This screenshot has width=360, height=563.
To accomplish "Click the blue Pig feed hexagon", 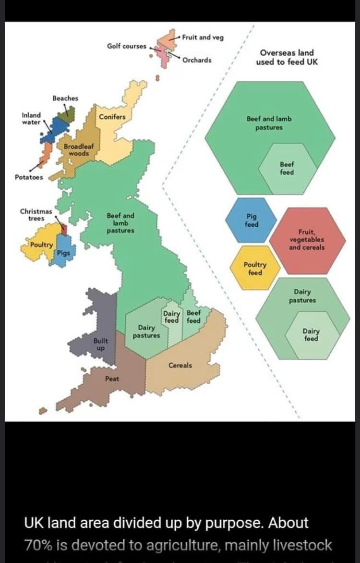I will point(251,220).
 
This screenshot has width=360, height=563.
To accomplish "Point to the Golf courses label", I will point(126,46).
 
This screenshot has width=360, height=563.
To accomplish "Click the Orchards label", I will point(197,61).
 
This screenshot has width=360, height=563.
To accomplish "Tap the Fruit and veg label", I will point(203,37).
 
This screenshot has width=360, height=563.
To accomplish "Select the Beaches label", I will point(65,98).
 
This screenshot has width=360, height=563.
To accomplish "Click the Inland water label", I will point(32,118).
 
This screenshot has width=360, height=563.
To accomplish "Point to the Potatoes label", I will point(29,177).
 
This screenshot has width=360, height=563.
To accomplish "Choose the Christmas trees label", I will point(36,215).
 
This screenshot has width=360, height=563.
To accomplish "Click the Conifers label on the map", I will point(112,117).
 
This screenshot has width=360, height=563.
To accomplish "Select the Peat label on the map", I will point(112,379).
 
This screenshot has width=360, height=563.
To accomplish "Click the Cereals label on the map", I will point(180,366).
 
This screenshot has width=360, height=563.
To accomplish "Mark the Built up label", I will point(101,344).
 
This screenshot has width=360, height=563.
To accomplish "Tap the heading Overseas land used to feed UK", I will point(287,57).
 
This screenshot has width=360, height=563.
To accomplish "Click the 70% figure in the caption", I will point(38,545).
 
